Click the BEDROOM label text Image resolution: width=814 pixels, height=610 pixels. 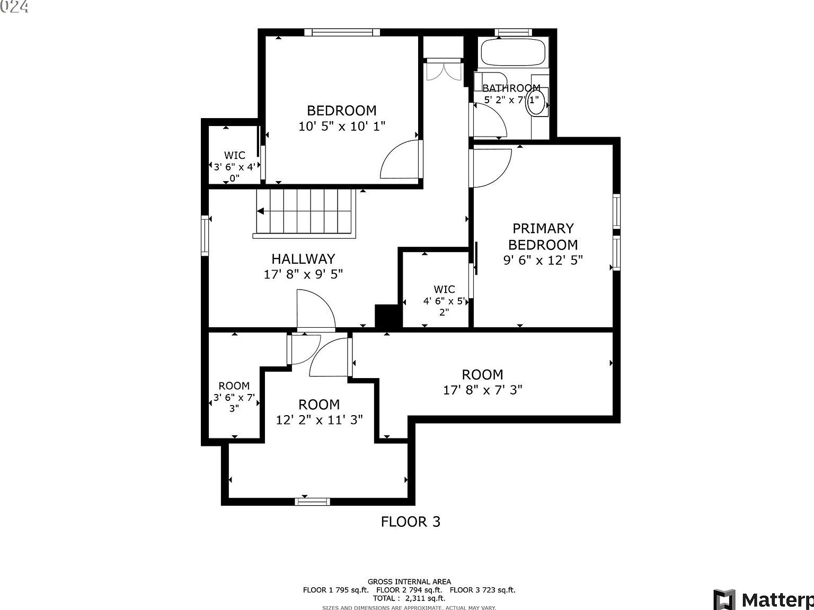click(341, 111)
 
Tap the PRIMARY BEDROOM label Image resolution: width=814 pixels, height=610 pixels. click(543, 236)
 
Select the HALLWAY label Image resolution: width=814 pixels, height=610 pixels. click(303, 258)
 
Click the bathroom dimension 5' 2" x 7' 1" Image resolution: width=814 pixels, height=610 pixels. click(511, 100)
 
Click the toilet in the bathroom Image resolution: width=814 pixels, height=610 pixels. click(536, 103)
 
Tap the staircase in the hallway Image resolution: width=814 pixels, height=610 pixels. click(304, 211)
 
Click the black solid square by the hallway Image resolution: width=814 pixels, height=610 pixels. click(388, 316)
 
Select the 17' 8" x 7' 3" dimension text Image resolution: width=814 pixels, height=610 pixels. click(482, 390)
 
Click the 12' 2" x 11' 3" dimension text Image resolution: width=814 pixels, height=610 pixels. click(319, 420)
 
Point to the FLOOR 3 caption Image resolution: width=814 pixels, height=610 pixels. click(411, 522)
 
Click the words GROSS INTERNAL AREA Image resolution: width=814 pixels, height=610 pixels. click(409, 581)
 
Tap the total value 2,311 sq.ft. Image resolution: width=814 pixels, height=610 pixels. click(424, 598)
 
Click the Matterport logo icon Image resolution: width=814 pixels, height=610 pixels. click(724, 599)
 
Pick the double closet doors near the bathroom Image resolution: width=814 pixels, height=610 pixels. click(443, 71)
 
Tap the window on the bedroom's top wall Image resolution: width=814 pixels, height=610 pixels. click(342, 32)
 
